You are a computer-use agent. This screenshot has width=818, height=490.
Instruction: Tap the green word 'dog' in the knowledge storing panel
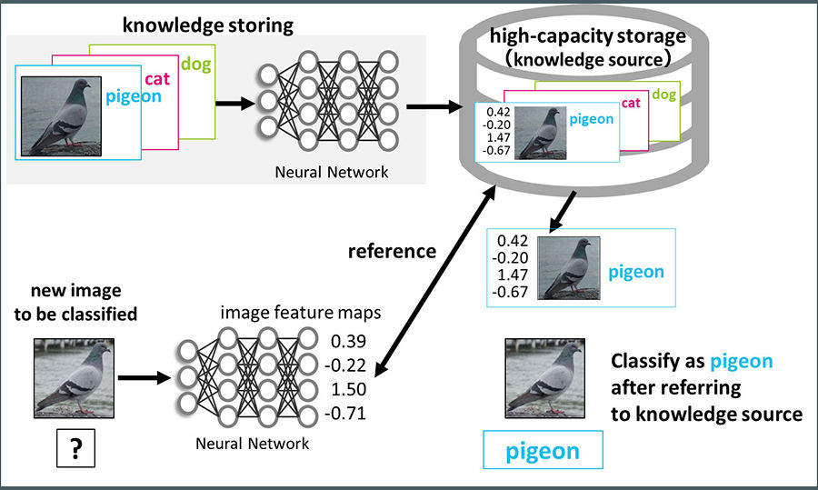click(195, 64)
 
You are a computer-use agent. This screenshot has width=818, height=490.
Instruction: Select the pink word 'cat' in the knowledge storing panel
click(156, 79)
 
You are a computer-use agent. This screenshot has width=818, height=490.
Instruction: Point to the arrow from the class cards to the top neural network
click(234, 102)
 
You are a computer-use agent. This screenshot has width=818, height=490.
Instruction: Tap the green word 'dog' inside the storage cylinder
click(665, 95)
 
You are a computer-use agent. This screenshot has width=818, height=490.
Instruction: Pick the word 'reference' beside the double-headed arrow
click(391, 250)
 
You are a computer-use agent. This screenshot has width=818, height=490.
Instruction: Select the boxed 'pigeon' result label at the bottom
click(542, 451)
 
